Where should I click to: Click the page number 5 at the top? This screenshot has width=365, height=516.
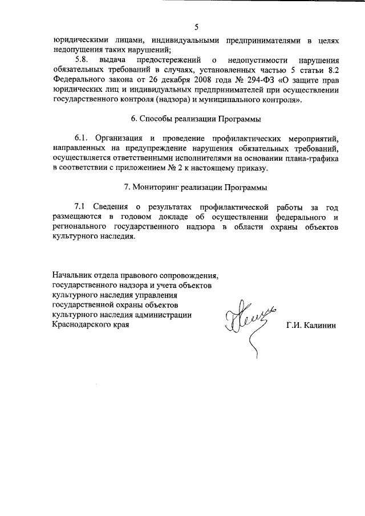pos(196,27)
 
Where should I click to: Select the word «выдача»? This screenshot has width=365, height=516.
pos(112,60)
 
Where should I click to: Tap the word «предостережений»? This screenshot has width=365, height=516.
pos(169,60)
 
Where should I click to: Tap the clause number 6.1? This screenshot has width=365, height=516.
pos(82,139)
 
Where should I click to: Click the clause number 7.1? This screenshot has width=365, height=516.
pos(82,207)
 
